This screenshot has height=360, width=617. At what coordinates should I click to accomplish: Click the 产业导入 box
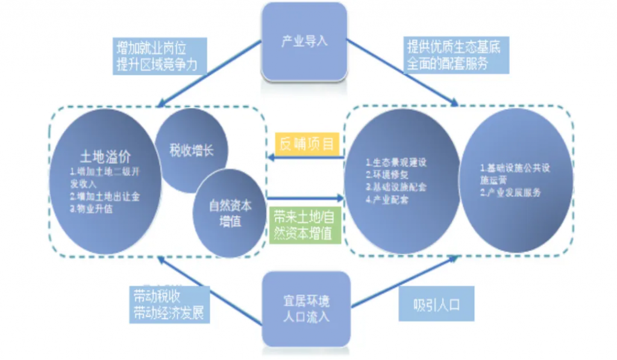tap(305, 42)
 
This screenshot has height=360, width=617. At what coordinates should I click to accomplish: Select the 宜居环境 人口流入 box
tap(306, 308)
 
